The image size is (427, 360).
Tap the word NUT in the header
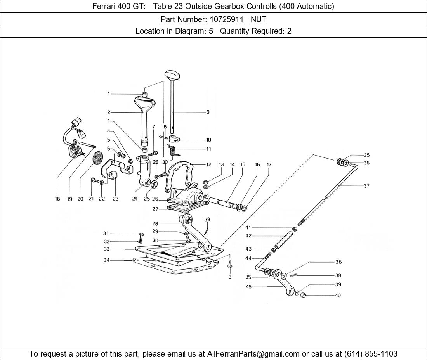(259, 19)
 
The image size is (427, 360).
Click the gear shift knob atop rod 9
(171, 74)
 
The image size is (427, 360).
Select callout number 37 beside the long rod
(366, 186)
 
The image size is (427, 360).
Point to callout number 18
(57, 199)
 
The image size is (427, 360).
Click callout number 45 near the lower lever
(248, 287)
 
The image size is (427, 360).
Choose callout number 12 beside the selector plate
(209, 165)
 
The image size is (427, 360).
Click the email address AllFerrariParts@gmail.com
(253, 354)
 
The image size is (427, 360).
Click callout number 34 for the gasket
(106, 260)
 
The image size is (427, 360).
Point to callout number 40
(338, 296)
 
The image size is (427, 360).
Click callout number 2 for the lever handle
(109, 112)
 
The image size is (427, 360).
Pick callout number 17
(269, 165)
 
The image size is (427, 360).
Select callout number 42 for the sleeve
(248, 236)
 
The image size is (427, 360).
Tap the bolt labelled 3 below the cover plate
(230, 265)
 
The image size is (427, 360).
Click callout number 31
(106, 234)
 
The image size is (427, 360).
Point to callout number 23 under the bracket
(115, 199)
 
